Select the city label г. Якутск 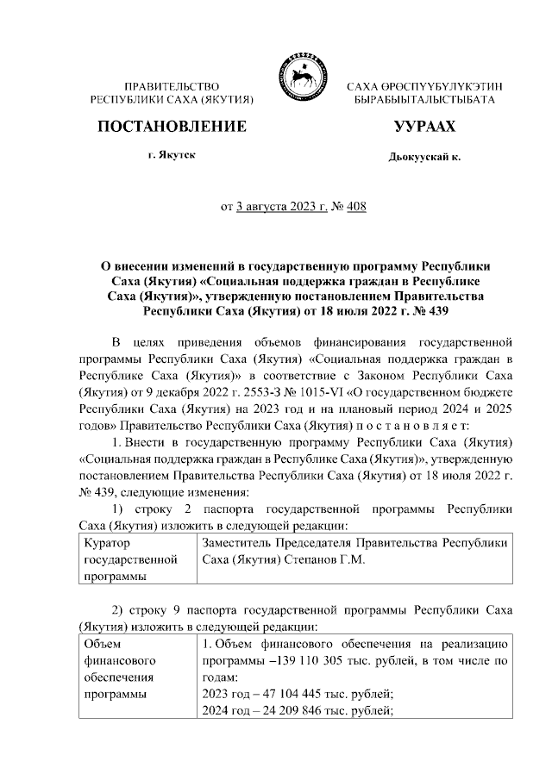click(x=171, y=155)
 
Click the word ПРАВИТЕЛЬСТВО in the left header click(x=172, y=87)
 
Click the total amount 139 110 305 click(x=322, y=660)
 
